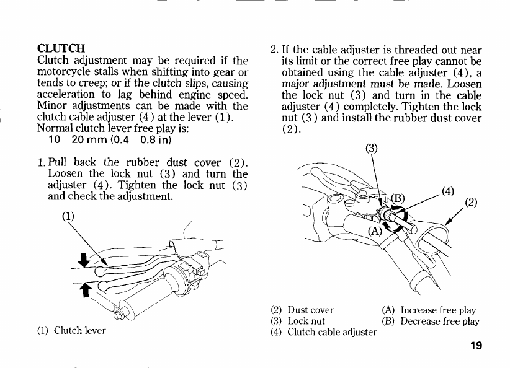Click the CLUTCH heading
point(61,48)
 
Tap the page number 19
point(476,346)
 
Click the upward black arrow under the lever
point(79,288)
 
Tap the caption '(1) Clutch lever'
point(72,330)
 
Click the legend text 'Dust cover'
point(311,310)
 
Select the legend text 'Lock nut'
point(306,321)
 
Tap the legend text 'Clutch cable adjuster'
point(332,332)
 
